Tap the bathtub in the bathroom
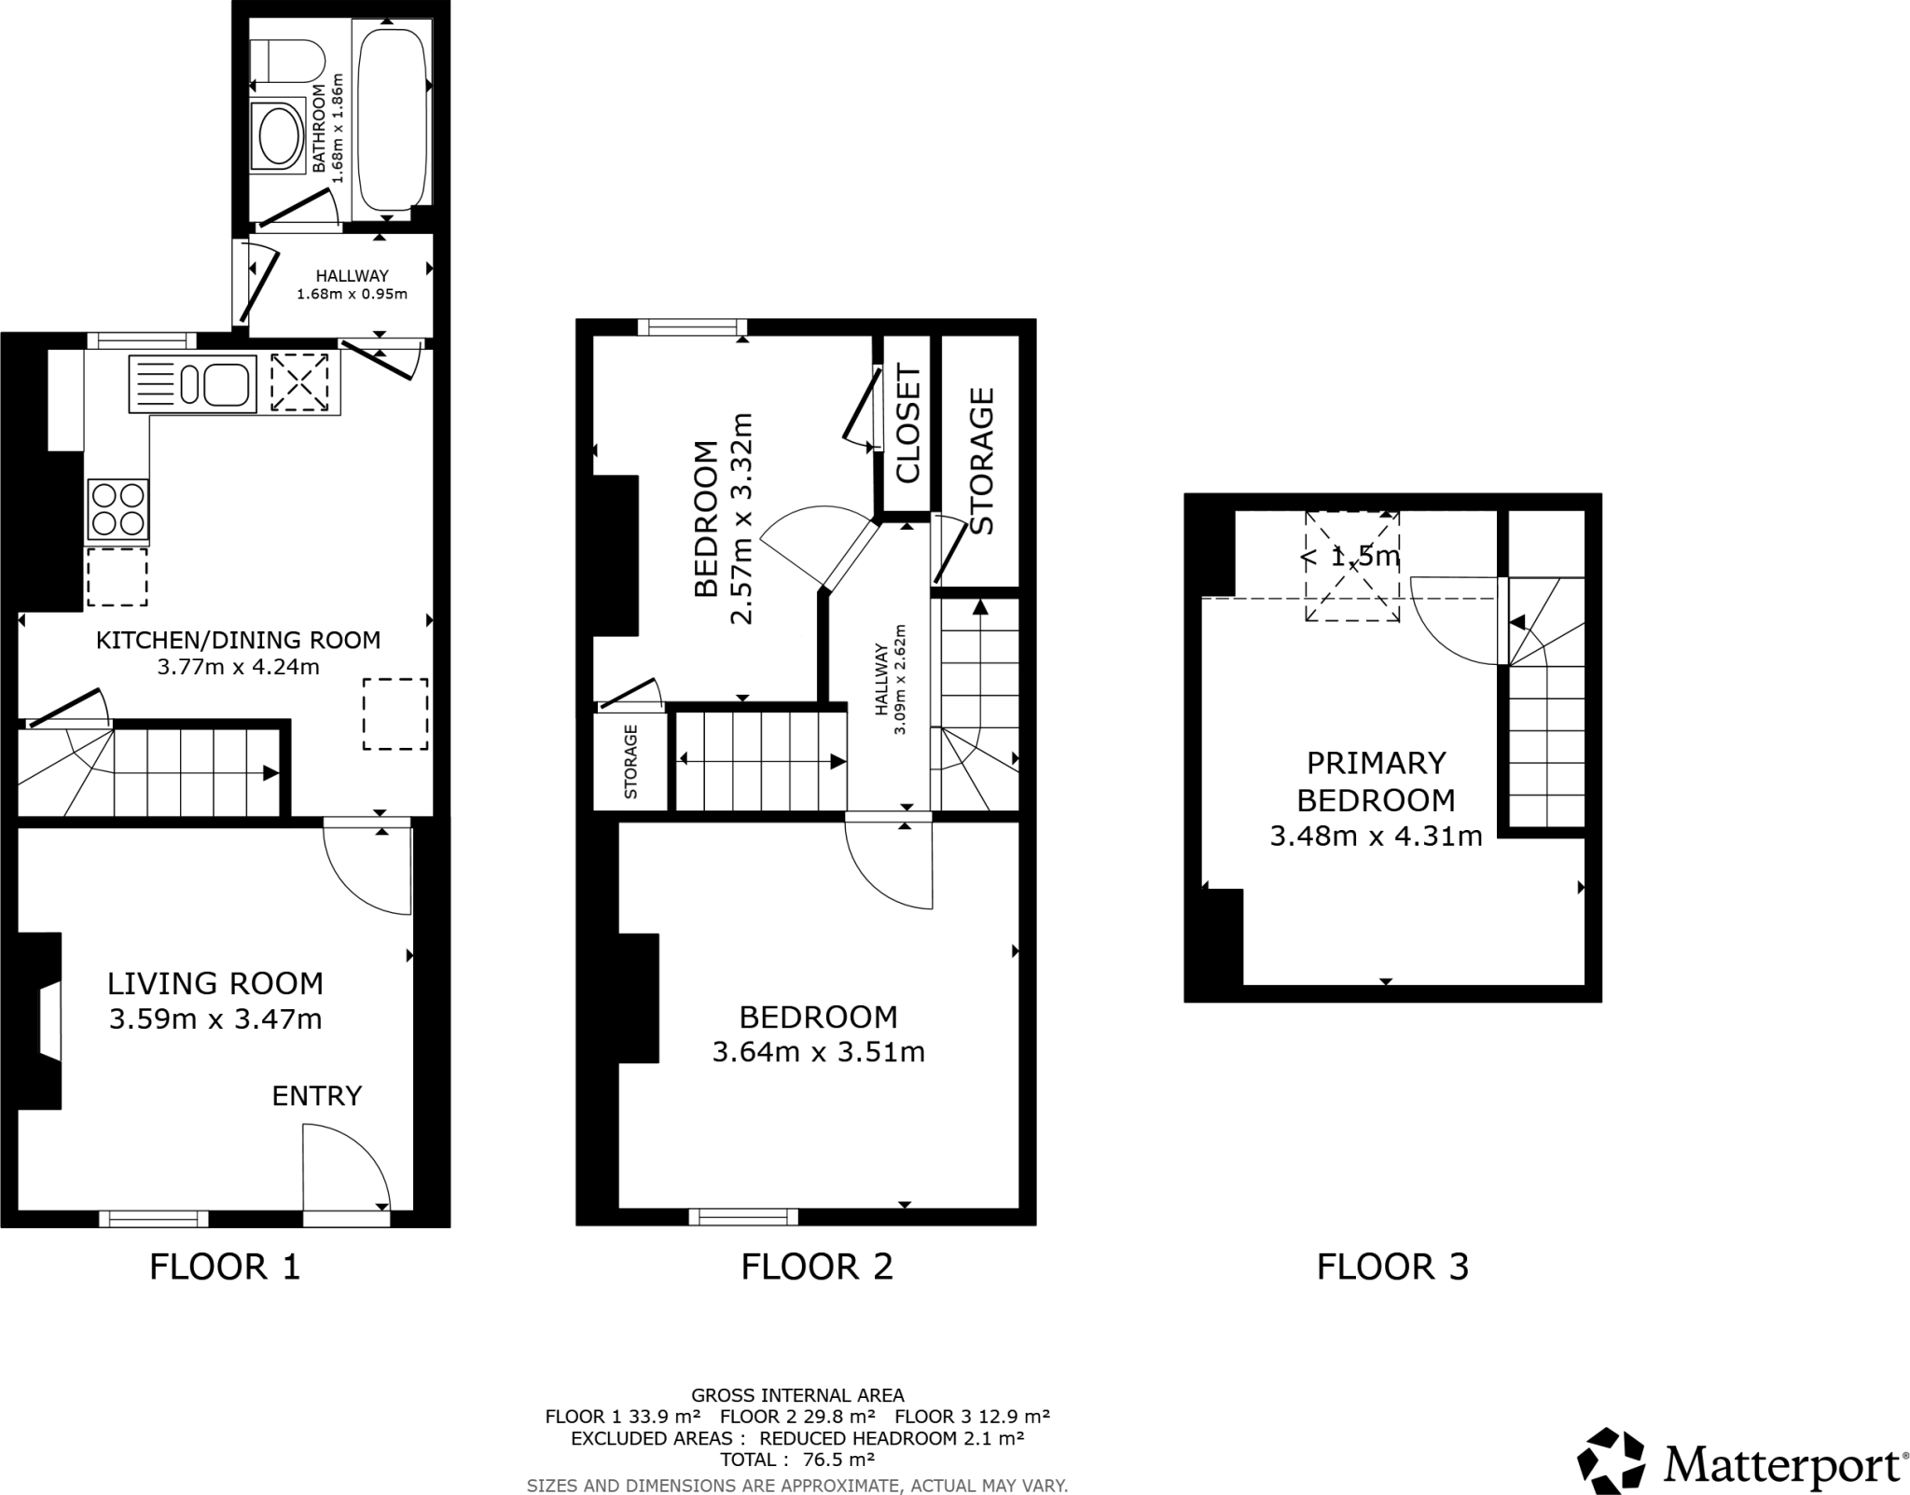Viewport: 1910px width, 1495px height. click(x=393, y=117)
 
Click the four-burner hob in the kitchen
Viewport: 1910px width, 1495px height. click(x=118, y=509)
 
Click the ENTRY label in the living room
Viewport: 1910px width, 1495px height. click(x=316, y=1096)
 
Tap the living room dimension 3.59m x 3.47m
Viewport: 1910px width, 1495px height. click(x=215, y=1019)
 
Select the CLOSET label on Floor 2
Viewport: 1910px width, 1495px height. click(x=907, y=423)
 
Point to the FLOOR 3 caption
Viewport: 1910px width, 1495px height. click(x=1392, y=1267)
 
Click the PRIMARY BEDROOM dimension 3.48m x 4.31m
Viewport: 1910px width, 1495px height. click(x=1376, y=837)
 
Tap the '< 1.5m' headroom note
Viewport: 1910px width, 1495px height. click(x=1351, y=557)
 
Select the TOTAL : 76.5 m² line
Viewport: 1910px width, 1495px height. click(x=796, y=1460)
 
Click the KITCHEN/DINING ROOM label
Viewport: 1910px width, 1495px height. click(x=239, y=640)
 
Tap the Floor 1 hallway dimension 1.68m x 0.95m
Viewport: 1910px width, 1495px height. click(x=352, y=295)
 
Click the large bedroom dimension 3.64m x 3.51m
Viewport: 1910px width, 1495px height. click(x=818, y=1052)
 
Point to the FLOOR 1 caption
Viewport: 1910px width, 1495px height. click(x=225, y=1267)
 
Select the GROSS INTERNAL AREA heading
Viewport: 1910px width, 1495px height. click(x=797, y=1395)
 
